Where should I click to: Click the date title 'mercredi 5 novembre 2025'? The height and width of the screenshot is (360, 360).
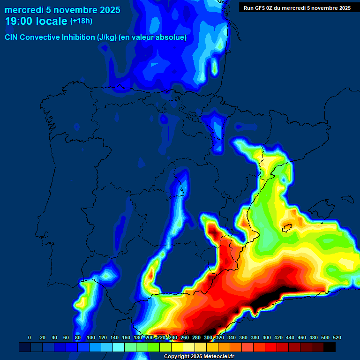coord(62,10)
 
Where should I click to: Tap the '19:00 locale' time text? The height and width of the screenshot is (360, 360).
coord(36,21)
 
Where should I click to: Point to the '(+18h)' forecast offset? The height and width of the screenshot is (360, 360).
coord(81,21)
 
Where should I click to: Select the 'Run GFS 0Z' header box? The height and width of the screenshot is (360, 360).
coord(297,7)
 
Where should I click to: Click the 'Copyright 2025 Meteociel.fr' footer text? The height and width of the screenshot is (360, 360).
coord(199,356)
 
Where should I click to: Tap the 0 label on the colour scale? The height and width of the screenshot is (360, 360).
coord(30,337)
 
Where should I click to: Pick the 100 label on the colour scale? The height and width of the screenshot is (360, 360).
coord(91,337)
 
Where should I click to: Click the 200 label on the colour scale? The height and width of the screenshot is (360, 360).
coord(150,337)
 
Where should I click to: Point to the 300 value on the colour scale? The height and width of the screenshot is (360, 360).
coord(208,337)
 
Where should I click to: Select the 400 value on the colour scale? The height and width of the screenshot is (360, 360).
coord(267,337)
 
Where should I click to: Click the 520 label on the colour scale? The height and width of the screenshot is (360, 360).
coord(337,337)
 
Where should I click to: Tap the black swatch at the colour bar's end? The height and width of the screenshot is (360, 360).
coord(330,347)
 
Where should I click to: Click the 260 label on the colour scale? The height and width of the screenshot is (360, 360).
coord(185,337)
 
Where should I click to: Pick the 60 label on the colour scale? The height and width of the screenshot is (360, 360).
coord(66,337)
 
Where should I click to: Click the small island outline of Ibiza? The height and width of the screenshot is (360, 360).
coord(286,228)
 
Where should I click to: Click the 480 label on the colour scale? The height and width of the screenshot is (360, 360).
coord(314,337)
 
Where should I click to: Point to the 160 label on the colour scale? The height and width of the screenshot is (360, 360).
coord(126,337)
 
